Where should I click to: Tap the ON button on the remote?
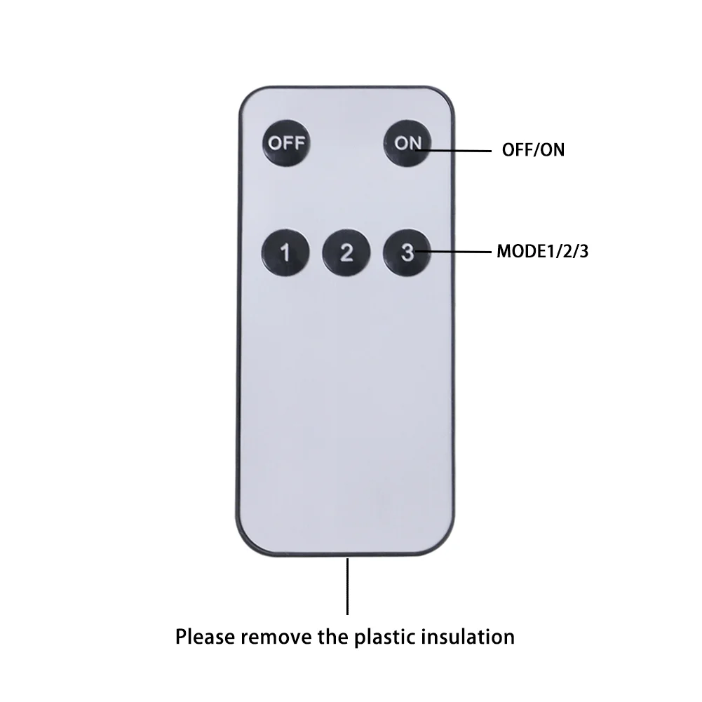[407, 143]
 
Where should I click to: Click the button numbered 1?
[285, 252]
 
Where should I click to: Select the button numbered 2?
[346, 252]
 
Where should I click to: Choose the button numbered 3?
[407, 252]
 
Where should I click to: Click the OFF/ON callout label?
[533, 150]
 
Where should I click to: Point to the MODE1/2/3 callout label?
[543, 251]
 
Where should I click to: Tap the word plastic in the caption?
[385, 637]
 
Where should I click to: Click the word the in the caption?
[333, 637]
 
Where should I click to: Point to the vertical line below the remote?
[347, 586]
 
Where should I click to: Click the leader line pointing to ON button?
[454, 151]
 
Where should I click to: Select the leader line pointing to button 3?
[454, 252]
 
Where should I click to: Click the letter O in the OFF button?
[274, 143]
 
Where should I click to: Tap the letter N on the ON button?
[414, 143]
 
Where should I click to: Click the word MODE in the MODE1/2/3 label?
[520, 251]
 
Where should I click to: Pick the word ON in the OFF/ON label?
[553, 150]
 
